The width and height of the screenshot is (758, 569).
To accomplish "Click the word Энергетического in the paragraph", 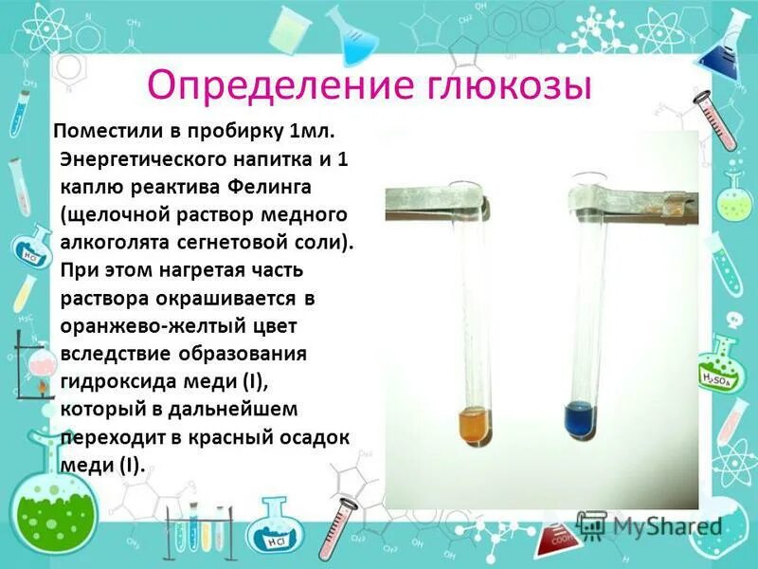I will [135, 159].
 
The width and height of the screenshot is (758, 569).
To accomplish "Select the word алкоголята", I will [117, 243].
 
